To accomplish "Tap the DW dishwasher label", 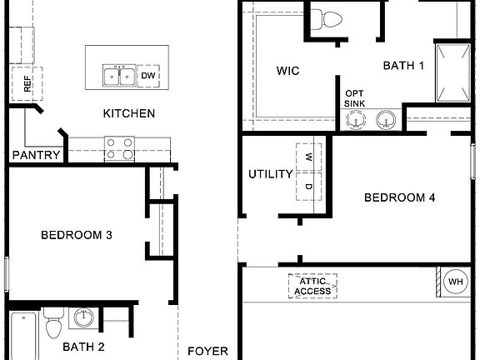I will (x=149, y=76).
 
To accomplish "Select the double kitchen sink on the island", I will (x=119, y=76).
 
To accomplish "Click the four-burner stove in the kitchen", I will (x=119, y=148).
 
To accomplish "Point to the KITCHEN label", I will (x=128, y=113).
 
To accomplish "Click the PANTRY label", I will (x=36, y=155).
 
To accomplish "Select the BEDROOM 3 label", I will (x=77, y=235).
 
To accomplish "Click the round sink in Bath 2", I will (x=83, y=317).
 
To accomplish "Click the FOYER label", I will (x=207, y=351).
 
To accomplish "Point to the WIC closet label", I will (x=287, y=71).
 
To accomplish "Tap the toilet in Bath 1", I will (x=332, y=19).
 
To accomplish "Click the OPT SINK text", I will (x=354, y=99).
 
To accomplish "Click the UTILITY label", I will (x=271, y=174).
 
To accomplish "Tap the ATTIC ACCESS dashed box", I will (x=313, y=286).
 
